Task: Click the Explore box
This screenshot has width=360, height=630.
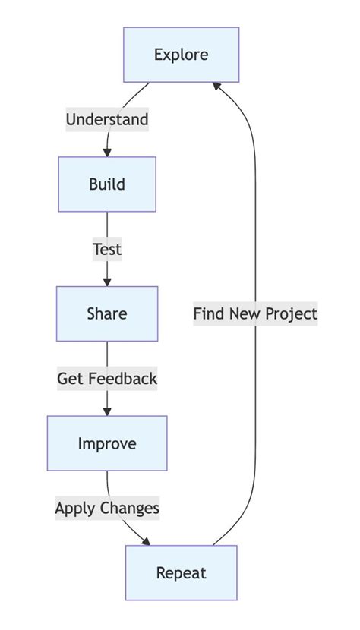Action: click(x=182, y=55)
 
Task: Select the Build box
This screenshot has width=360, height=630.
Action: click(x=107, y=184)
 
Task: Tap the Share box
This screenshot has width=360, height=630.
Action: click(x=107, y=314)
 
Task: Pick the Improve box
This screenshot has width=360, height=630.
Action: click(x=107, y=443)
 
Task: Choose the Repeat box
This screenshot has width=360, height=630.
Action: click(x=182, y=573)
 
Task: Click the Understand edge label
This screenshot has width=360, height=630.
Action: click(x=107, y=119)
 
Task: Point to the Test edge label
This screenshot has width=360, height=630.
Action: click(x=107, y=249)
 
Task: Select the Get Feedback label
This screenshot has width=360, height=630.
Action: click(x=107, y=379)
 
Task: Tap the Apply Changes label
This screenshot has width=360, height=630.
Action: click(x=107, y=508)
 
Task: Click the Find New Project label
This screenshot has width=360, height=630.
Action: click(x=255, y=314)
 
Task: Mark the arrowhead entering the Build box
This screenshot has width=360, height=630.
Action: click(x=107, y=152)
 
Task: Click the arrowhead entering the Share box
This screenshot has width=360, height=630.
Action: click(x=107, y=282)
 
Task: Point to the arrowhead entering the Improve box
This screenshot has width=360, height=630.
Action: click(x=107, y=411)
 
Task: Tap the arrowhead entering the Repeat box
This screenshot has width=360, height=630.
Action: click(x=145, y=541)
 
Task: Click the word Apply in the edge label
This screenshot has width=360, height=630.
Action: click(x=73, y=508)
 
